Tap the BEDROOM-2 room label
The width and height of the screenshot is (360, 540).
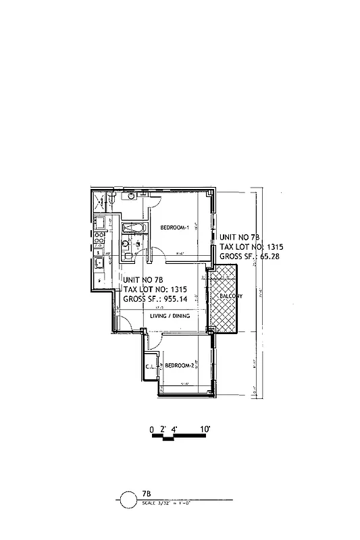tap(180, 366)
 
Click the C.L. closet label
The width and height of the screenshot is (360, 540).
tap(150, 367)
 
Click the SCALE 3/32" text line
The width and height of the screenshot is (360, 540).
tap(166, 504)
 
